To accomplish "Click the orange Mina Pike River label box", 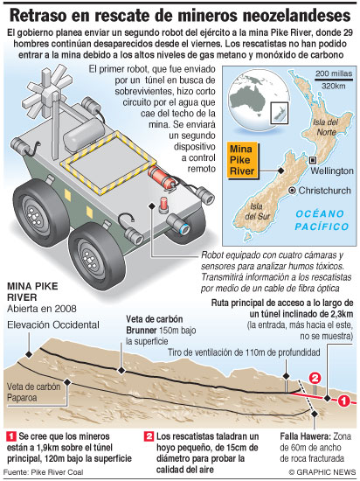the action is pos(242,160).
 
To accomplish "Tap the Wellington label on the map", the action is pos(332,171).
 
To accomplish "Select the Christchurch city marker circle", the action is pos(293,191).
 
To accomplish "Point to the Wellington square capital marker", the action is pos(313,160).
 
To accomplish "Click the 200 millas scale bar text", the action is pos(334,73).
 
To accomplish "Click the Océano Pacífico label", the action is pos(322,220).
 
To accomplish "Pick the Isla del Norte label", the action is pos(325,128).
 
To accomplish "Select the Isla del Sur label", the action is pos(258,212).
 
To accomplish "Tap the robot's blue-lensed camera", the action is pos(179,224).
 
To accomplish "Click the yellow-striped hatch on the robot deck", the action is pos(108,164).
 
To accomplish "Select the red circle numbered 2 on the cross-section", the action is pos(315,378).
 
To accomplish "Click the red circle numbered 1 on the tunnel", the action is pos(343,401).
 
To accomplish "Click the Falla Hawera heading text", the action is pos(305,436).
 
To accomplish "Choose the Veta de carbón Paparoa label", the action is pos(34,392).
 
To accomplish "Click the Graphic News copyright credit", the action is pos(322,472).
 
